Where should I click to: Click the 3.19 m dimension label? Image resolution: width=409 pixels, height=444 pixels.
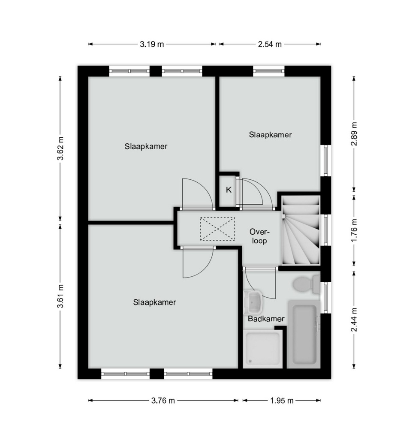(152, 44)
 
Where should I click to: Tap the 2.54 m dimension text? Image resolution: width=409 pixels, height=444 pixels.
(270, 44)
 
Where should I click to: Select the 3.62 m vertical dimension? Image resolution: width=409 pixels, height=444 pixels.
(60, 148)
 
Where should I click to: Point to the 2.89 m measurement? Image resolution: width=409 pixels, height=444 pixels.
(354, 134)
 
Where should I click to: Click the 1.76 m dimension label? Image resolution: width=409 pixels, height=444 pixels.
(354, 230)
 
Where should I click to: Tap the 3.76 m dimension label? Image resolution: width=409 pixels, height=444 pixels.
(163, 400)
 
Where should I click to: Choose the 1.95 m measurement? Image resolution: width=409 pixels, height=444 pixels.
(282, 400)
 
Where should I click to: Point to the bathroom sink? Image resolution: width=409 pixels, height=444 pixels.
(253, 302)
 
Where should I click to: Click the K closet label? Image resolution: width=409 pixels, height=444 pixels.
(229, 190)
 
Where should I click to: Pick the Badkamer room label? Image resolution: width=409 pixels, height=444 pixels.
(266, 319)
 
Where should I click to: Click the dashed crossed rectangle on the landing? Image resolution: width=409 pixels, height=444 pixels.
(217, 229)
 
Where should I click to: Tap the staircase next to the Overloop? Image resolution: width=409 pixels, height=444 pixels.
(301, 230)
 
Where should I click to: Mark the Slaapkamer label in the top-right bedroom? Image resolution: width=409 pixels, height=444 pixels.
(270, 135)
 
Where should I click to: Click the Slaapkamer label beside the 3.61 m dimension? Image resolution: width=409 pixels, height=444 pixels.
(154, 302)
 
